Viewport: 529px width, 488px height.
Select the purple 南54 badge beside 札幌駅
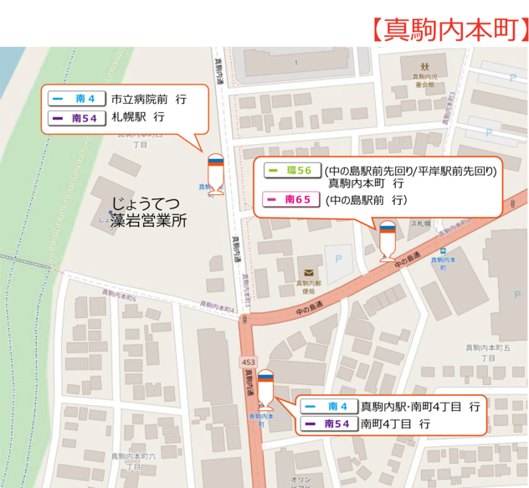click(x=76, y=119)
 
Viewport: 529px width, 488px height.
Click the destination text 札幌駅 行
click(x=139, y=119)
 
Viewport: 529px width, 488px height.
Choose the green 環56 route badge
click(x=289, y=171)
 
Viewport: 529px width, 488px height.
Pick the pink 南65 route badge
click(x=289, y=199)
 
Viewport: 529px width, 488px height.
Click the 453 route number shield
click(x=248, y=362)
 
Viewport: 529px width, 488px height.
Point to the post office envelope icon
click(x=309, y=271)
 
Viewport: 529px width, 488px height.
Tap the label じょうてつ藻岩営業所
click(x=150, y=212)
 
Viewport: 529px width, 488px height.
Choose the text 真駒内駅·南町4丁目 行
click(x=420, y=407)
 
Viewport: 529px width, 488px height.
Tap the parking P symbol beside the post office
click(x=339, y=259)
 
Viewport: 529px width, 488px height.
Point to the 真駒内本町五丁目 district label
click(x=487, y=352)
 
